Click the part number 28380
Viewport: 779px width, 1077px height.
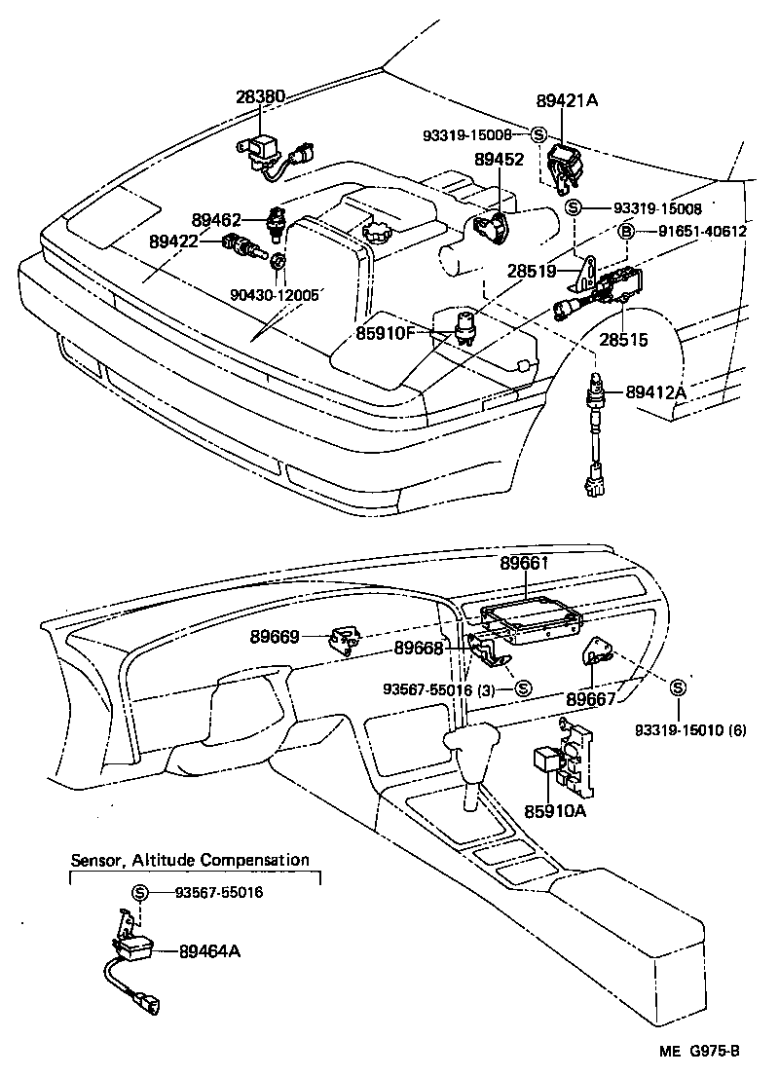point(260,96)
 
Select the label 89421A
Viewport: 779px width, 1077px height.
point(566,100)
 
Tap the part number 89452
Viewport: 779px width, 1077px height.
point(499,159)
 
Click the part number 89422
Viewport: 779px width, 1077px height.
point(175,241)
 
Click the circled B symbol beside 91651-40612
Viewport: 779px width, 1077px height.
point(627,231)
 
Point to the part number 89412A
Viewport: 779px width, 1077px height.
point(655,391)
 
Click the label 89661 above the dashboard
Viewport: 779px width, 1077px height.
point(525,564)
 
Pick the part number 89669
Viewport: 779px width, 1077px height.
point(276,637)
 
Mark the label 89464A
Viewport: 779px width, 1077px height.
point(209,951)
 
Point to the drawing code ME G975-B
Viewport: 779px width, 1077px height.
point(700,1050)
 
